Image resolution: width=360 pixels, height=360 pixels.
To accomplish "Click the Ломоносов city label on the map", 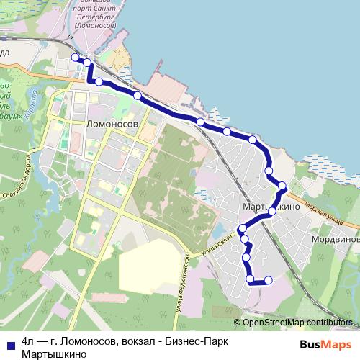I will (x=112, y=124).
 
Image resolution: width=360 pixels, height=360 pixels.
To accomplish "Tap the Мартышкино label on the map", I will (x=271, y=207).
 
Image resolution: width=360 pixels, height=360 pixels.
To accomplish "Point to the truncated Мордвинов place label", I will (x=336, y=238).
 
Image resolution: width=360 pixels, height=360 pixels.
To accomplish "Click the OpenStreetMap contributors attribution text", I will (x=297, y=323).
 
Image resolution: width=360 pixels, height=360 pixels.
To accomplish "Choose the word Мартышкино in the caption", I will (x=55, y=354).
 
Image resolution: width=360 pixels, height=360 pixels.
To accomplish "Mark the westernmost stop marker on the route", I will (x=75, y=57).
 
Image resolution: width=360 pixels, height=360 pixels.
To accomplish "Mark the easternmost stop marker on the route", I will (x=282, y=186).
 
